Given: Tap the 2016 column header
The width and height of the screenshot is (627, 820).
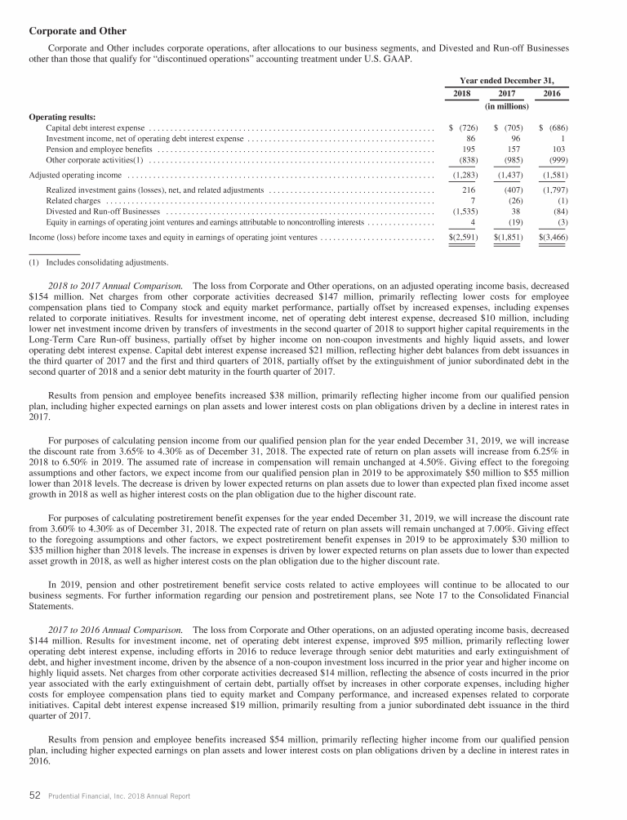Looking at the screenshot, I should (554, 95).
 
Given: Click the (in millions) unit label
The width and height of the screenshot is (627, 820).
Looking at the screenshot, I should (510, 106).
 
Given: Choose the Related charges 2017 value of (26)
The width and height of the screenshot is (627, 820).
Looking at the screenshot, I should (515, 200).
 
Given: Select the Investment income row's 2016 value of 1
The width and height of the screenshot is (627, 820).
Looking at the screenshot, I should (565, 139).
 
